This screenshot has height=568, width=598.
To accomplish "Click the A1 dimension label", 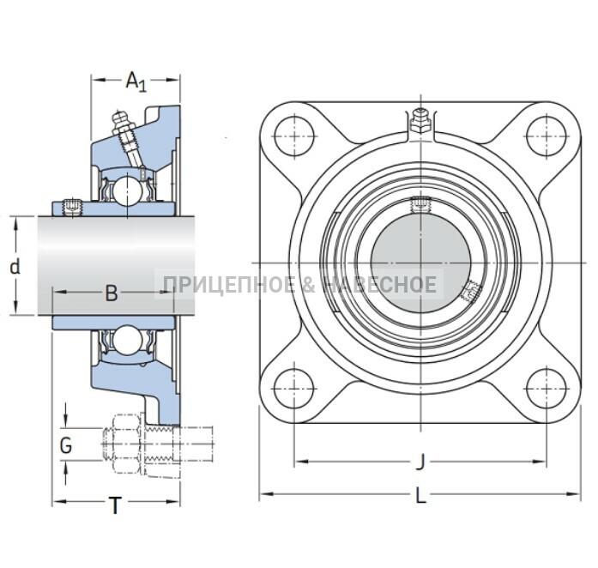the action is [136, 82].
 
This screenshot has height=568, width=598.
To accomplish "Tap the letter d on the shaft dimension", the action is [15, 267].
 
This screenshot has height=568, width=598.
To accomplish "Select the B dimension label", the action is [112, 293].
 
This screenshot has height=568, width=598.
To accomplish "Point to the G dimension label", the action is [66, 444].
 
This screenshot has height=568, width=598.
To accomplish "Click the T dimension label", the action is [115, 505].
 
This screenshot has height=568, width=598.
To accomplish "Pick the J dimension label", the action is [420, 462].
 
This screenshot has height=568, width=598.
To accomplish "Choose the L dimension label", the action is [420, 496].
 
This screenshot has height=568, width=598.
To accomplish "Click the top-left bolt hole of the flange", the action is [294, 136].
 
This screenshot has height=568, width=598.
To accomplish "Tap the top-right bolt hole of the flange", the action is [547, 136].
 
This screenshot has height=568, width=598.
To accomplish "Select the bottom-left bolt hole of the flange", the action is [294, 389].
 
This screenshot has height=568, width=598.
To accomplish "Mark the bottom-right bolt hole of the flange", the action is [547, 389].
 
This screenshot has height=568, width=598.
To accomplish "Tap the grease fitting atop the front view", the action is [420, 121].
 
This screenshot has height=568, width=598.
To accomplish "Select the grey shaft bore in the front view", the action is [420, 263].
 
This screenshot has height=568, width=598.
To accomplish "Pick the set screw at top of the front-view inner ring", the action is [420, 204].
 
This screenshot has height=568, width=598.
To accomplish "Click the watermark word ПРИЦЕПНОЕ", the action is [229, 285].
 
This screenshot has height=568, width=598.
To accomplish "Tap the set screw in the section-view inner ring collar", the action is [71, 208].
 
